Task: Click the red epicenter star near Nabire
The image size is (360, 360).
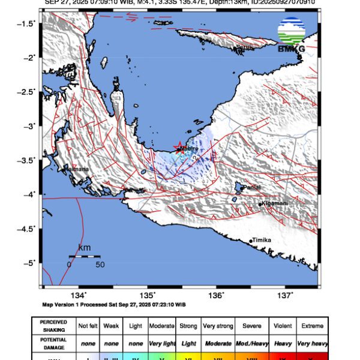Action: pos(178,148)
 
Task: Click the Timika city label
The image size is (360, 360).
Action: pos(262,240)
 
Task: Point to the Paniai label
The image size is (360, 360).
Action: pos(251,188)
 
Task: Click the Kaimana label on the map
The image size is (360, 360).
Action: pos(77,169)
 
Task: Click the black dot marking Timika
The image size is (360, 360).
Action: pos(251,241)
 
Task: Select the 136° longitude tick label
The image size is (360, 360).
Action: pos(216,295)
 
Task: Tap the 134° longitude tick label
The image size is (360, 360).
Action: pos(79,295)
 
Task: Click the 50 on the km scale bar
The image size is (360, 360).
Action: pos(100,264)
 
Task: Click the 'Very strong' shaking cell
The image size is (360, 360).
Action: pos(217,326)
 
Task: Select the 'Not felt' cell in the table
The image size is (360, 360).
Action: pos(89,326)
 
